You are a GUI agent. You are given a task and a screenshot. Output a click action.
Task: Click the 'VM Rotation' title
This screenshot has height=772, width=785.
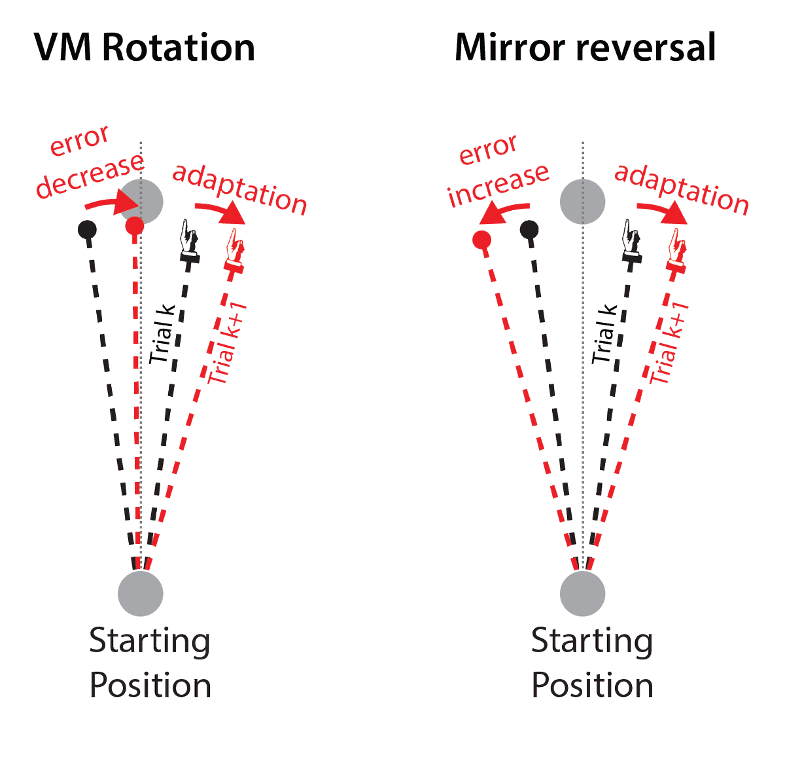pyautogui.click(x=144, y=48)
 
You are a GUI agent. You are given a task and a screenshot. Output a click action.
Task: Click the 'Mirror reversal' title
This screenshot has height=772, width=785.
pyautogui.click(x=585, y=48)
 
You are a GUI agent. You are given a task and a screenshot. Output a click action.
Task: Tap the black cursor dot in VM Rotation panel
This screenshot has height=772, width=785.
pyautogui.click(x=87, y=230)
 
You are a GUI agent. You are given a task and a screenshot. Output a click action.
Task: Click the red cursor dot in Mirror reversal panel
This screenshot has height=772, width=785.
pyautogui.click(x=481, y=240)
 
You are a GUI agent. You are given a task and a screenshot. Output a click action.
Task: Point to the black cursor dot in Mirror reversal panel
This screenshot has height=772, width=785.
pyautogui.click(x=529, y=230)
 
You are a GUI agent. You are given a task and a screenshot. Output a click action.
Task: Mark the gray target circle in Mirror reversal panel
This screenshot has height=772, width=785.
pyautogui.click(x=582, y=201)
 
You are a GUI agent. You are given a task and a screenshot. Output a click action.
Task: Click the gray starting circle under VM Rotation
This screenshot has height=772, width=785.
pyautogui.click(x=140, y=593)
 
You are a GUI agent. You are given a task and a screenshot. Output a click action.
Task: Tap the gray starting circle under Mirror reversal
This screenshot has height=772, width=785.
pyautogui.click(x=582, y=593)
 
